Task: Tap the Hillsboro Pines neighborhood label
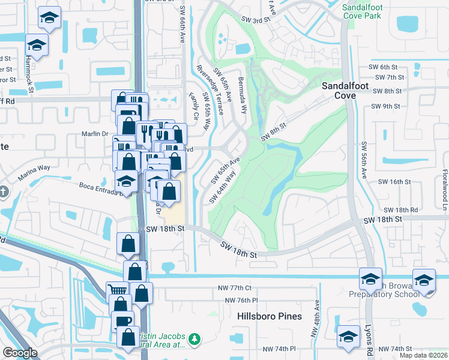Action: click(270, 316)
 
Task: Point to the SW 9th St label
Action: click(385, 106)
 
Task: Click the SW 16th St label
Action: click(393, 181)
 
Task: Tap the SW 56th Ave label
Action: click(364, 160)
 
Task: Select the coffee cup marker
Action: click(124, 320)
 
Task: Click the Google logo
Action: click(20, 353)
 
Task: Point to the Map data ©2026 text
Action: click(424, 355)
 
